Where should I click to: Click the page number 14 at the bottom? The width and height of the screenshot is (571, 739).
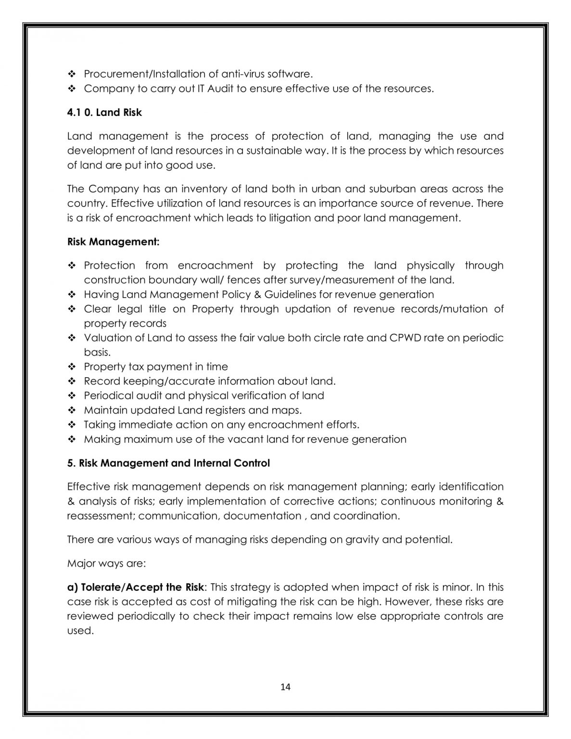coord(285,687)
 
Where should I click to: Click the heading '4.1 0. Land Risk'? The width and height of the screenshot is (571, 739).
coord(104,113)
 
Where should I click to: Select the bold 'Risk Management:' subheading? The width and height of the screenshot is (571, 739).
coord(113,242)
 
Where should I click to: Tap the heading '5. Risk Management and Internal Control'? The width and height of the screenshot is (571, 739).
coord(168,463)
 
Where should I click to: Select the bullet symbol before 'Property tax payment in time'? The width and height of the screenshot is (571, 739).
coord(72,367)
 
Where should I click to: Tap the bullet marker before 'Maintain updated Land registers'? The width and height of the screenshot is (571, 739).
coord(72,410)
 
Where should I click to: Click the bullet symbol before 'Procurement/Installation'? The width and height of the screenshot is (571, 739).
coord(72,74)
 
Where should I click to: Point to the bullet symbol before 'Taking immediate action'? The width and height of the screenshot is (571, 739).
coord(72,425)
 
